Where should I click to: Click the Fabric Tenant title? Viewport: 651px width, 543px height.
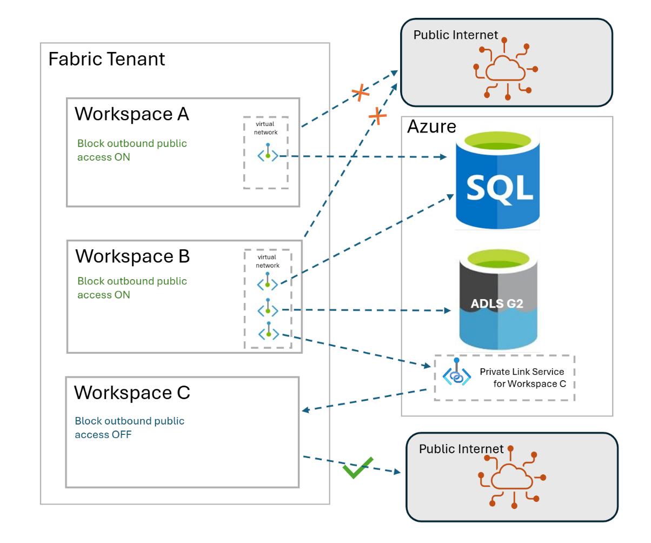(107, 58)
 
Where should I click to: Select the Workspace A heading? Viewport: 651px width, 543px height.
(132, 114)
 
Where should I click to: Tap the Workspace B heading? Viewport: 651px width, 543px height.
(132, 256)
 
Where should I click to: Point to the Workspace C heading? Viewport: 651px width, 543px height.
(132, 392)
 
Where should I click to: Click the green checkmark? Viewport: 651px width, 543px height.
(358, 467)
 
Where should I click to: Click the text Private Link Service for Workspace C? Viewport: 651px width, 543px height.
(522, 378)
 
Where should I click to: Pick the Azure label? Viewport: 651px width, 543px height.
(431, 127)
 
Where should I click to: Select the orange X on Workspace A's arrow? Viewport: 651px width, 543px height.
(361, 93)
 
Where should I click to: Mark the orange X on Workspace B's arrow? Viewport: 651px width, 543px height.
(377, 115)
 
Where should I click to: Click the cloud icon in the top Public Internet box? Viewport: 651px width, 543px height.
(505, 69)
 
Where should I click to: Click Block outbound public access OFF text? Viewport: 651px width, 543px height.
(129, 427)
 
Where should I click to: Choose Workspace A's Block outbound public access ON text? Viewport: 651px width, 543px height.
(132, 150)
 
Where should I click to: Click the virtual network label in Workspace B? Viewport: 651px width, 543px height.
(268, 261)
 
